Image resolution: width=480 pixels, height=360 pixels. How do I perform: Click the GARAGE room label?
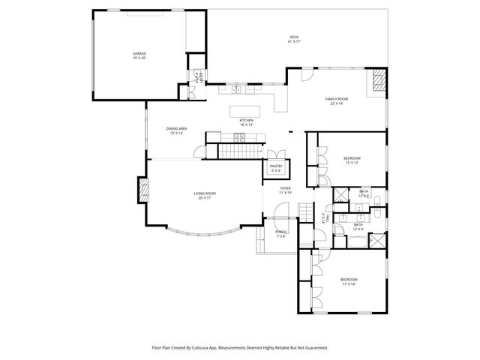139,55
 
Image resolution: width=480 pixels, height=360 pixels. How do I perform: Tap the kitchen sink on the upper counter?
237,89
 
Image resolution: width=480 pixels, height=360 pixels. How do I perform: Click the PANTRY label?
276,167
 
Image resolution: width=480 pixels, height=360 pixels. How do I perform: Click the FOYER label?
285,190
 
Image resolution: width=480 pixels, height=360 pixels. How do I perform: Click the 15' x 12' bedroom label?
352,160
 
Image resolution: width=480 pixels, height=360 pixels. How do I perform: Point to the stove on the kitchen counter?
241,136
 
